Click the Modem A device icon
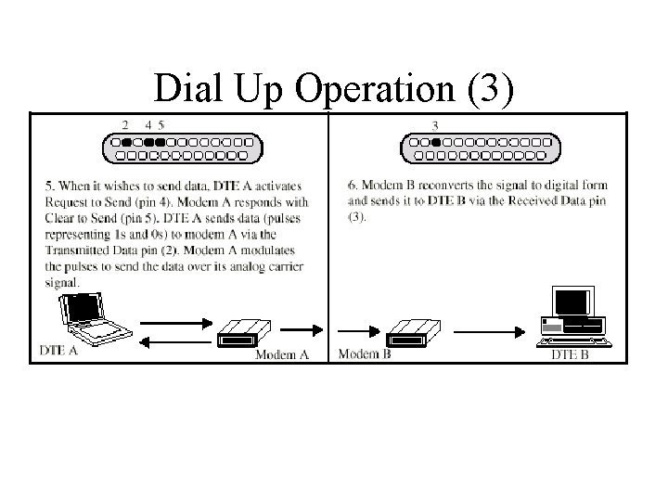coord(243,329)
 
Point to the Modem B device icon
coord(411,329)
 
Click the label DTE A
coord(60,351)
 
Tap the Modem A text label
coord(282,354)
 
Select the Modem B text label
coord(366,353)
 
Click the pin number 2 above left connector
coord(126,124)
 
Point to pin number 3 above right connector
coord(435,125)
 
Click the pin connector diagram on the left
coord(182,148)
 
